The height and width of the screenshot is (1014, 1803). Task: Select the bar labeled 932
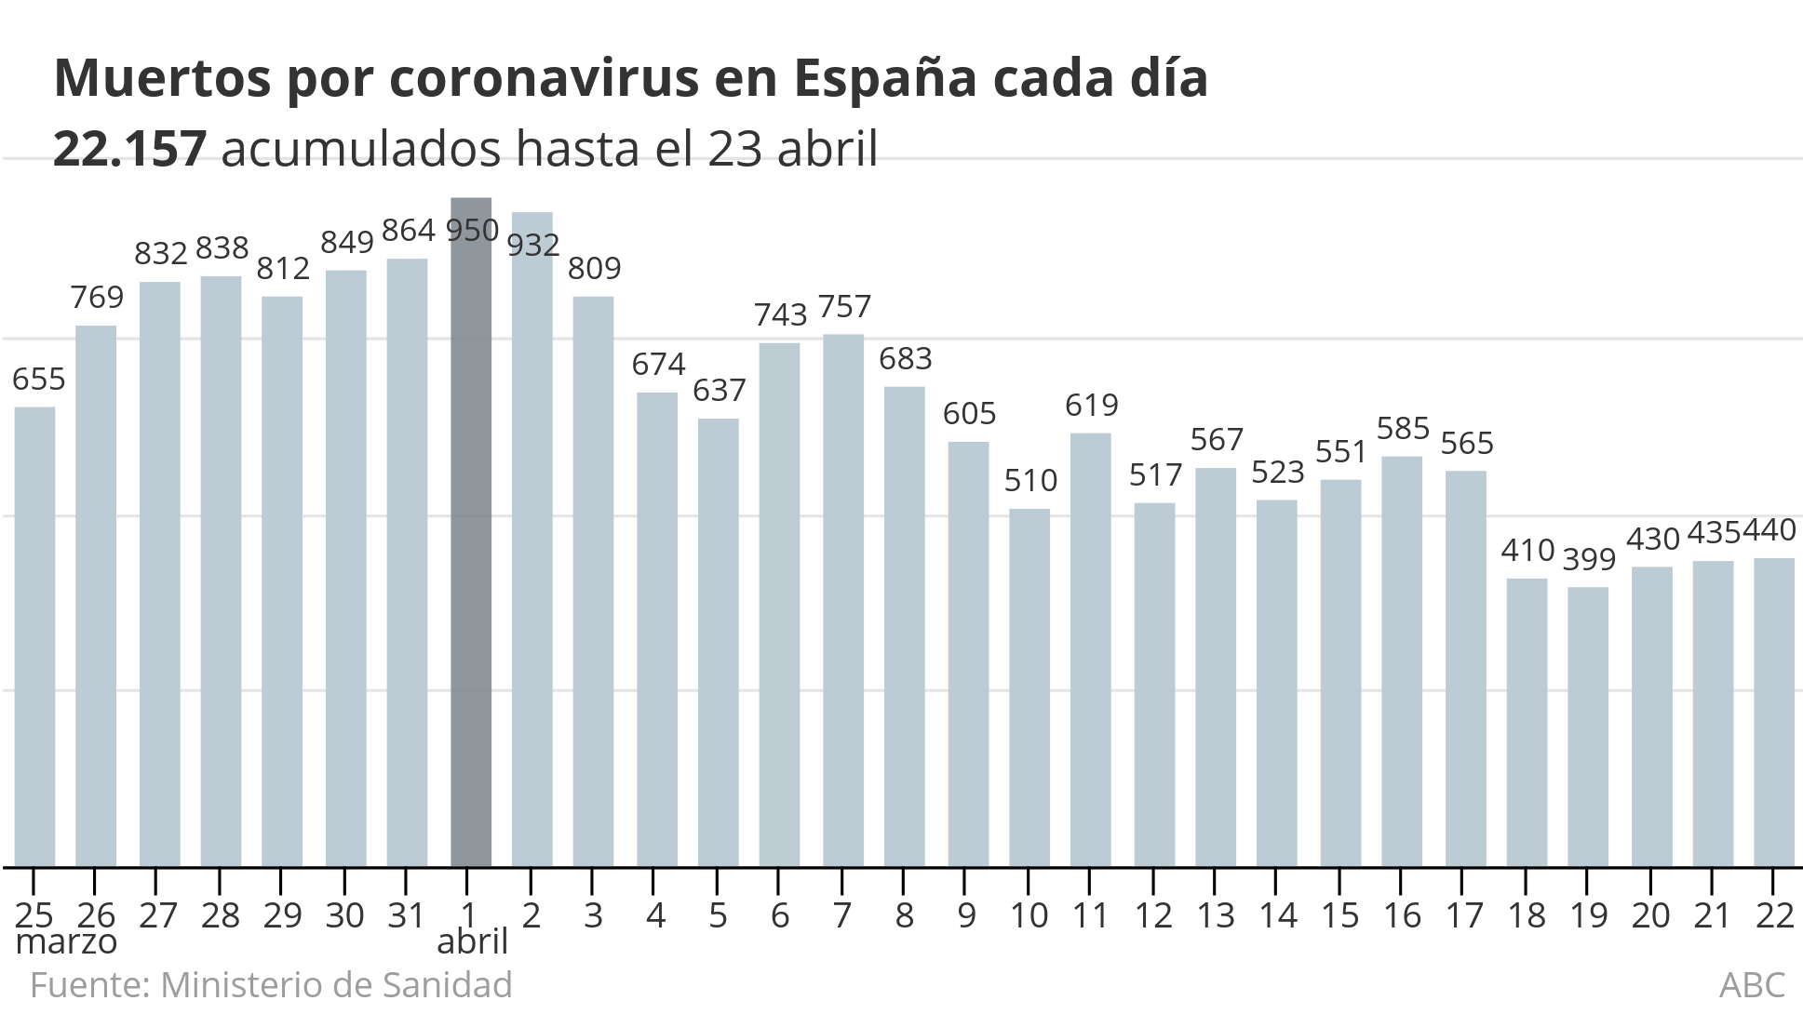point(531,540)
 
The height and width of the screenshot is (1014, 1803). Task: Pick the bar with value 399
point(1588,727)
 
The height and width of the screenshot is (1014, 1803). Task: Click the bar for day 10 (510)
point(1029,687)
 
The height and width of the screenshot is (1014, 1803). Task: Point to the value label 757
point(844,306)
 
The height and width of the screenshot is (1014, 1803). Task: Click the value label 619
point(1091,405)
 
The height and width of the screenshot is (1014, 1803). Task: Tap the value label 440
point(1768,530)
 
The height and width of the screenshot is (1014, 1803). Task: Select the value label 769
point(97,297)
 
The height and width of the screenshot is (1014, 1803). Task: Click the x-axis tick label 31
point(406,915)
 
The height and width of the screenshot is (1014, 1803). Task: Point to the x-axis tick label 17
point(1464,915)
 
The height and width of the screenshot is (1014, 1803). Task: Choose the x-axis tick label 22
point(1774,915)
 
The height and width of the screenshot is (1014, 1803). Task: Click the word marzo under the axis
point(67,942)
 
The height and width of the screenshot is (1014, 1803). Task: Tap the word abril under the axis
point(472,942)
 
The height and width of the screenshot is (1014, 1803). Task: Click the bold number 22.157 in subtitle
point(129,149)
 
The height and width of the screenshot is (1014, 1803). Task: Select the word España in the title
point(884,78)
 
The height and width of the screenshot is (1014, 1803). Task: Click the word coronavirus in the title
point(544,78)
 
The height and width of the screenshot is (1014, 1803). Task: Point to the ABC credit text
point(1752,984)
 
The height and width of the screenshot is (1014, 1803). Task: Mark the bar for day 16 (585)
point(1402,661)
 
